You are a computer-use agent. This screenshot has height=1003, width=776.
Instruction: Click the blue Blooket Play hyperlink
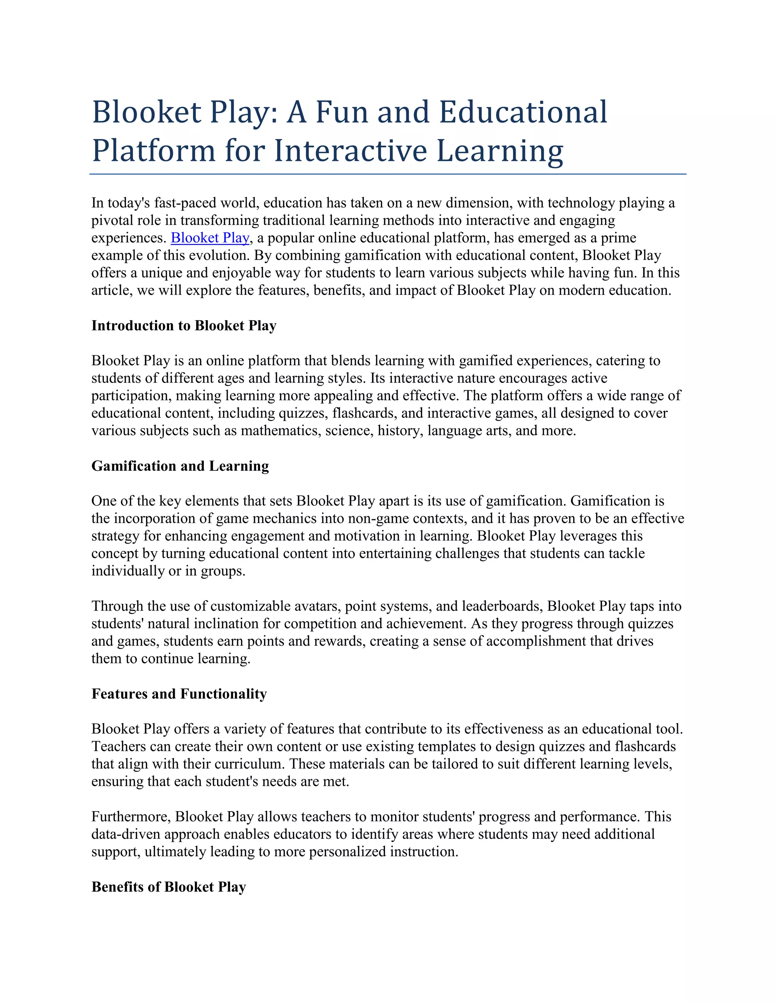210,238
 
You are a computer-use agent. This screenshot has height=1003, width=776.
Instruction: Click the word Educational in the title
523,112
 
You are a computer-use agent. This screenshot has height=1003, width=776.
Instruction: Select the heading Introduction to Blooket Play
184,326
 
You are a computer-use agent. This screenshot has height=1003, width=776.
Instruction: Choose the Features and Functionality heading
179,693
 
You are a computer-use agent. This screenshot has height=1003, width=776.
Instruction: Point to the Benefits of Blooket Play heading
169,887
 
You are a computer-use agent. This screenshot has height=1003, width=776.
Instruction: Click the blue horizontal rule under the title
388,174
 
